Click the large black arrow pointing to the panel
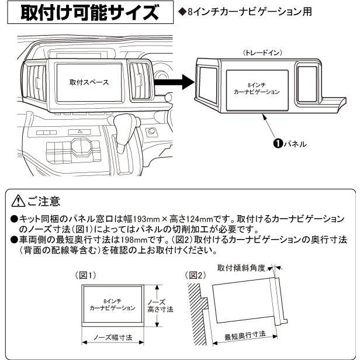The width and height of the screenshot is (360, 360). (175, 82)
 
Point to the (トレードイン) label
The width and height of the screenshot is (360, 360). (262, 53)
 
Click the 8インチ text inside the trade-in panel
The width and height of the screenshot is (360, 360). (255, 85)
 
